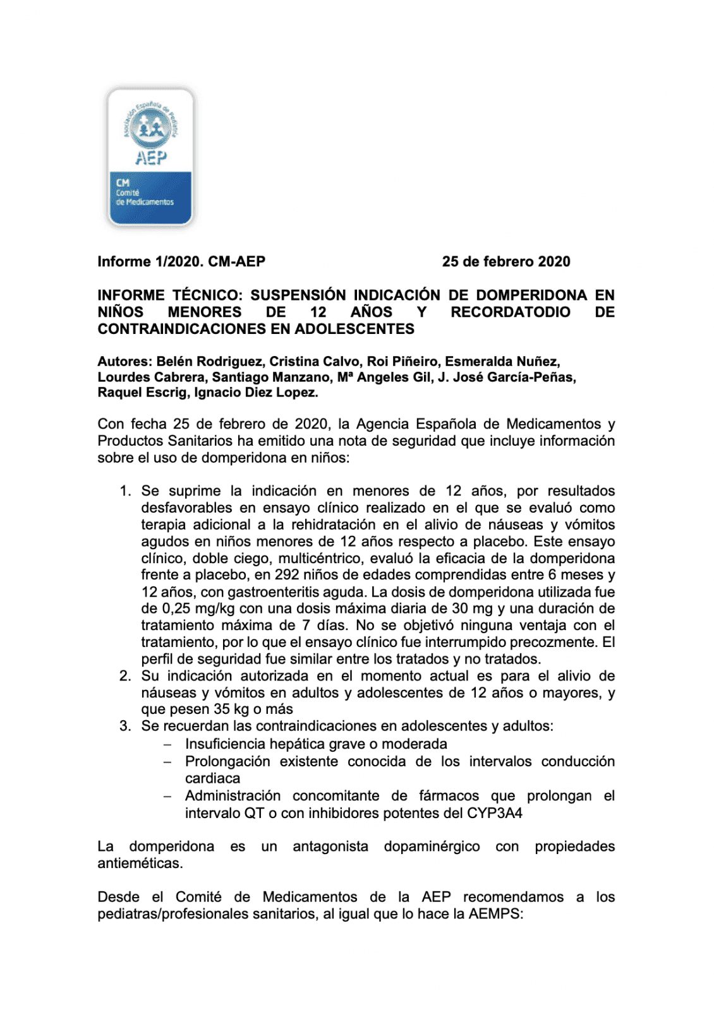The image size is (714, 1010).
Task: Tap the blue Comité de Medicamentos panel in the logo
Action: point(150,196)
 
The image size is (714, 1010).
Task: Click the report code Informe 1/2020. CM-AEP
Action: point(181,262)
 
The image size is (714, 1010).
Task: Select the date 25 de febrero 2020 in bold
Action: point(505,262)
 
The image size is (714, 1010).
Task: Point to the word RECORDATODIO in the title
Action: point(510,312)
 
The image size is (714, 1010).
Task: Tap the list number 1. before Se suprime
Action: point(125,491)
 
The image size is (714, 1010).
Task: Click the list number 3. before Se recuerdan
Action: point(125,727)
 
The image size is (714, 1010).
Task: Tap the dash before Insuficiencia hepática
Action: point(167,745)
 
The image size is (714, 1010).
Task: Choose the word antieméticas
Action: point(140,864)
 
